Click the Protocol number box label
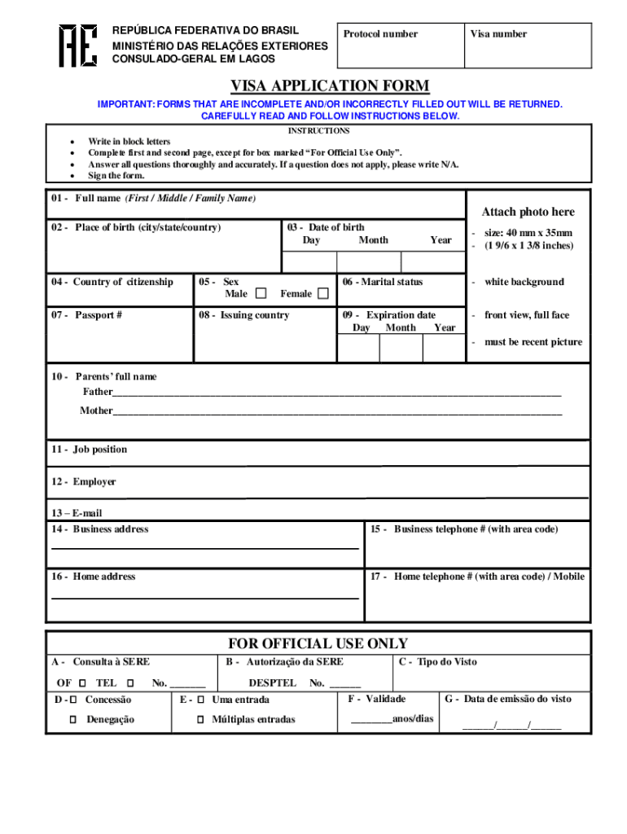click(380, 34)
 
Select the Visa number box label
click(498, 34)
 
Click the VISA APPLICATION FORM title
click(329, 86)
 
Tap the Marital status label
click(383, 283)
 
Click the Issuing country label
click(243, 315)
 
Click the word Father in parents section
click(98, 392)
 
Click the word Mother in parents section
click(96, 410)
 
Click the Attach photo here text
click(528, 212)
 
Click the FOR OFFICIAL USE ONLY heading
click(318, 643)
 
